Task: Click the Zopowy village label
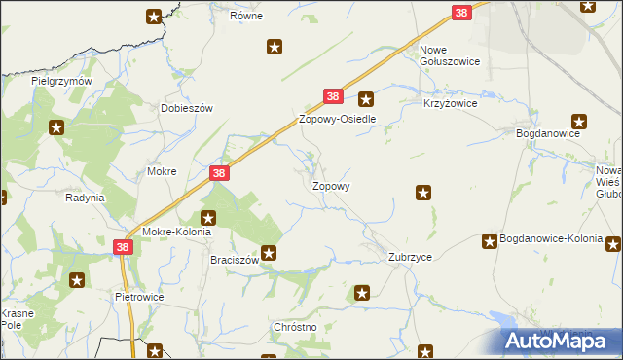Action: click(x=331, y=185)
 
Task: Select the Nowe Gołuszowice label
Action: click(x=450, y=55)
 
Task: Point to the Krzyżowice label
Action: click(x=448, y=102)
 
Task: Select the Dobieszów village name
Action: click(x=187, y=109)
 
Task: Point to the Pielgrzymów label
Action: click(x=61, y=81)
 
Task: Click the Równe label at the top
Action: click(x=247, y=17)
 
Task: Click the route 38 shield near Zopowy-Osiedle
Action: click(x=333, y=96)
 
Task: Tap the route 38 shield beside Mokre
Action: click(x=219, y=173)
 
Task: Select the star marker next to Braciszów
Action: click(x=270, y=254)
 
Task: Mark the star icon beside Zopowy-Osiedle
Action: click(x=366, y=97)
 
